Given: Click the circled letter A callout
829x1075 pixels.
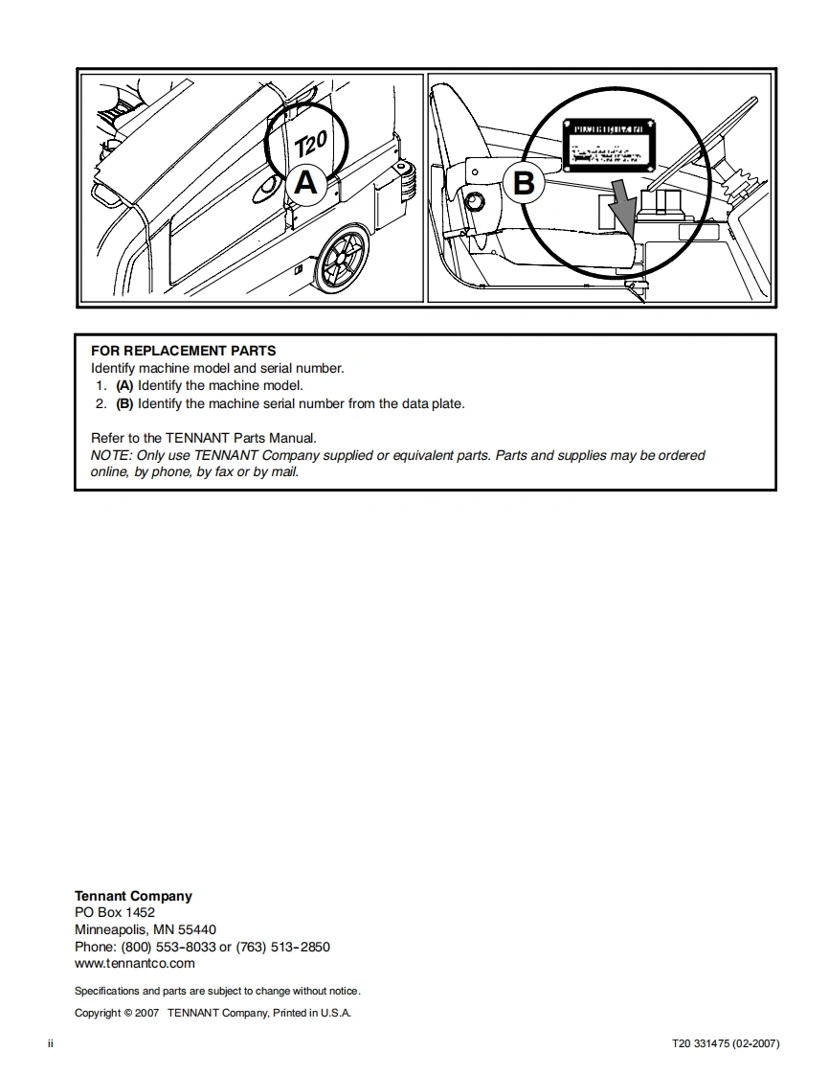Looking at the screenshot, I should coord(305,181).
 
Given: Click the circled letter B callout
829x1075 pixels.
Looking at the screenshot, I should coord(524,182).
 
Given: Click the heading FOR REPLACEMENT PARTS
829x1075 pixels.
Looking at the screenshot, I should coord(183,351).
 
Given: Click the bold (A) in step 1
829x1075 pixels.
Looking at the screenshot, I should coord(124,386).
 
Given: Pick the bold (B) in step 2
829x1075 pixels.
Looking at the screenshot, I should coord(124,403).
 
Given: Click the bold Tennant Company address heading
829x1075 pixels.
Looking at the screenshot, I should coord(133,896).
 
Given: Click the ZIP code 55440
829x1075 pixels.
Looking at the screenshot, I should coord(197,929).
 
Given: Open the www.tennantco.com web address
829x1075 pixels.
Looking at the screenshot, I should coord(135,963).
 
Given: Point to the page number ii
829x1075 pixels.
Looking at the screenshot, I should coord(51,1043).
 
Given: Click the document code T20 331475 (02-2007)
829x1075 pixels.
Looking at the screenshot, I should coord(726,1043).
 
